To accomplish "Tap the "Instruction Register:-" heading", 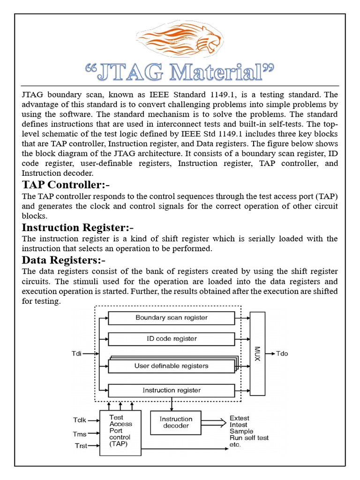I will tap(82, 228).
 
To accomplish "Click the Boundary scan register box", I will tap(172, 318).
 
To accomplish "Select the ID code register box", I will tap(172, 339).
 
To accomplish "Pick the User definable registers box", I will tap(172, 366).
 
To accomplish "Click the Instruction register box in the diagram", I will tap(172, 390).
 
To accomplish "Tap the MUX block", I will tap(257, 353).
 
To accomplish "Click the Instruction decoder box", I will tap(176, 422).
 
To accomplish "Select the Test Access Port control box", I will tap(120, 431).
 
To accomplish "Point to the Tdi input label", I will tap(76, 353).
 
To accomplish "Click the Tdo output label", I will tap(282, 353).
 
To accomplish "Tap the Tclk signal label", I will tap(80, 420).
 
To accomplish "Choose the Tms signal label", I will tap(80, 434).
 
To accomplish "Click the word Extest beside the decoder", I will tap(239, 418).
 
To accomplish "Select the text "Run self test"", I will tap(249, 438).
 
